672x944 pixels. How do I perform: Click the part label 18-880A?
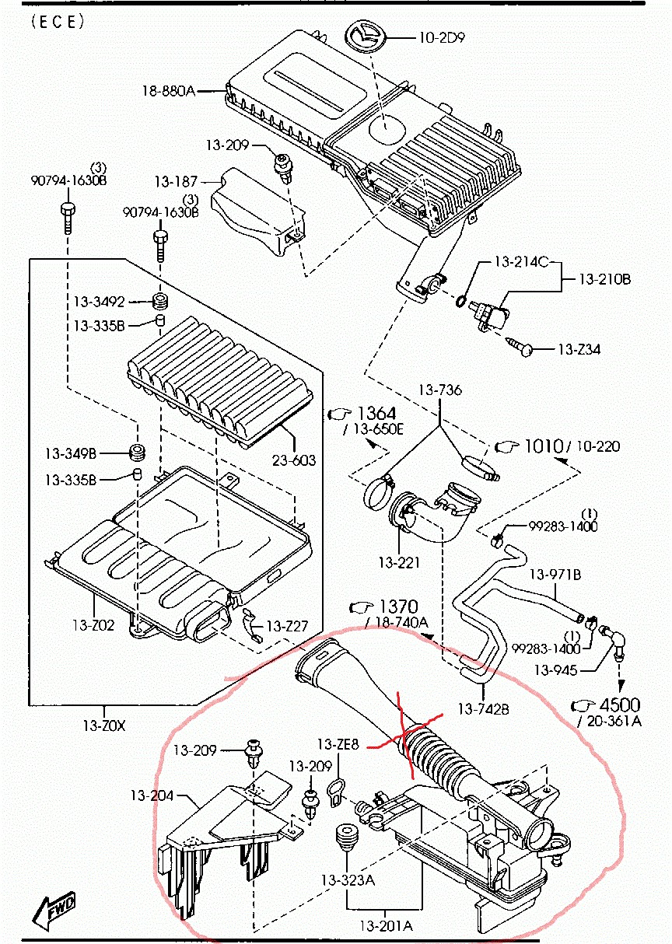pos(167,91)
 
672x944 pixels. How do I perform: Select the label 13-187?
pos(175,182)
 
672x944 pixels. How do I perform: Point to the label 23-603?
pos(294,460)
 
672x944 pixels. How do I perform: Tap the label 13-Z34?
pos(579,350)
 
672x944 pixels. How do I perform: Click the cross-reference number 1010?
pos(542,446)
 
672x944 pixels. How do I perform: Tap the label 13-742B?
pos(482,708)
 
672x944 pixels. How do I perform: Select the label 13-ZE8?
pos(338,744)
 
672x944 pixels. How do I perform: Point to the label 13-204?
pos(151,795)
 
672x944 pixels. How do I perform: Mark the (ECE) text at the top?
pos(58,22)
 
